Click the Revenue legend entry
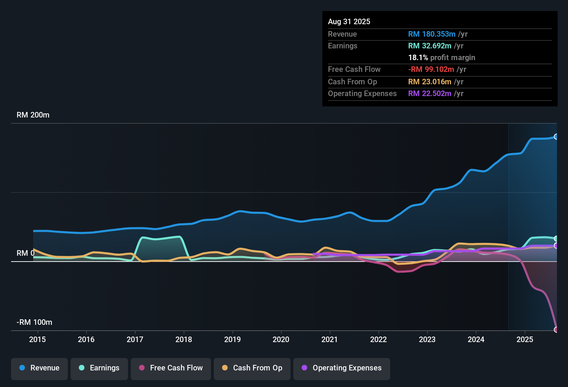39,368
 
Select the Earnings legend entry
99,368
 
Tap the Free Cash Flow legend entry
171,368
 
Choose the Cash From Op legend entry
252,368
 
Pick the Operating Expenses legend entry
342,368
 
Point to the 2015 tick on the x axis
37,339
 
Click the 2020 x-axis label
281,339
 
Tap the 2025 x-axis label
525,339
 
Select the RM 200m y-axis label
33,115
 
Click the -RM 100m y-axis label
34,322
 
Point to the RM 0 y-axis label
25,253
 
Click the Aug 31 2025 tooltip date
349,22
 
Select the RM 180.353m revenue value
431,34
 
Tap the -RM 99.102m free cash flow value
431,69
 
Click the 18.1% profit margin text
441,58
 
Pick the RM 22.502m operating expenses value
429,94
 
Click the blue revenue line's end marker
556,136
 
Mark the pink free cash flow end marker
556,330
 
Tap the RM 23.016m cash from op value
429,82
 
